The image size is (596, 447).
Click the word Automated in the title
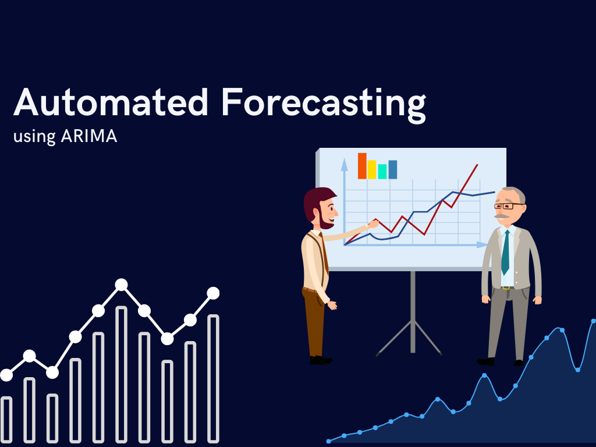click(111, 102)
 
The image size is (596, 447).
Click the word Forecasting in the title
click(324, 105)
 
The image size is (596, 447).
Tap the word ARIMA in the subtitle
click(89, 136)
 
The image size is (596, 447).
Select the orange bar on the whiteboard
click(362, 166)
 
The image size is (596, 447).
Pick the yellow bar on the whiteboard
click(372, 169)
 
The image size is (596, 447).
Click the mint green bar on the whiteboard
click(382, 172)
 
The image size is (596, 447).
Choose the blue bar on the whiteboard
click(393, 169)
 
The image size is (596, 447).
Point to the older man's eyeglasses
click(509, 206)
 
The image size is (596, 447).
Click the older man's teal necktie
click(506, 252)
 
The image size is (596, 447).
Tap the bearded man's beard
click(325, 221)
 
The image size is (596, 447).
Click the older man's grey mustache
click(502, 217)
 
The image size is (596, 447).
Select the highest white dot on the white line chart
click(121, 284)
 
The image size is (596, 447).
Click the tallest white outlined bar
click(121, 374)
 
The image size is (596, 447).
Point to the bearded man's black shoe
click(321, 360)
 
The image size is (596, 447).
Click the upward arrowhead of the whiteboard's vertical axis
click(345, 165)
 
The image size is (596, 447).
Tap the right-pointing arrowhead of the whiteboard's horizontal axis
click(482, 245)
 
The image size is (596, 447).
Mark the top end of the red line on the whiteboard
click(477, 165)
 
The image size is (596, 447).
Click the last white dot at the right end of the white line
click(213, 293)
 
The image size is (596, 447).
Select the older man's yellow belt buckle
click(506, 288)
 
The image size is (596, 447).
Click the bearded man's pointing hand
click(372, 224)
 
